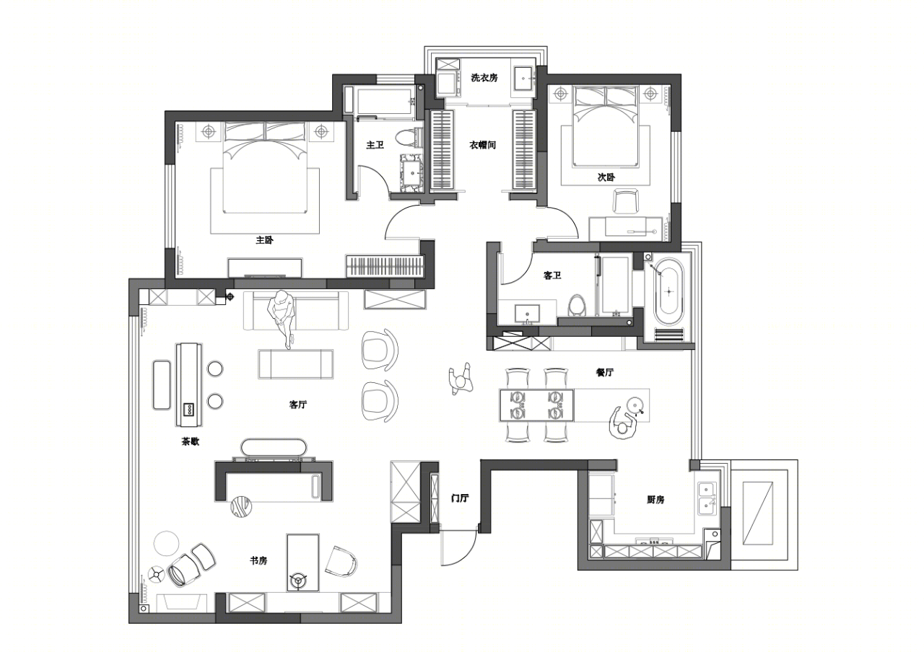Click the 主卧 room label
(264, 240)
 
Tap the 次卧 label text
(606, 177)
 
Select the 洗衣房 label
(484, 77)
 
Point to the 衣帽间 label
(483, 145)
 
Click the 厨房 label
(655, 500)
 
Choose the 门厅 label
(460, 498)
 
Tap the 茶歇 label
(191, 441)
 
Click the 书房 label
(258, 560)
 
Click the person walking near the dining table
(461, 379)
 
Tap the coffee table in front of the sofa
(296, 364)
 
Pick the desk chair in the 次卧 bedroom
(625, 201)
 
